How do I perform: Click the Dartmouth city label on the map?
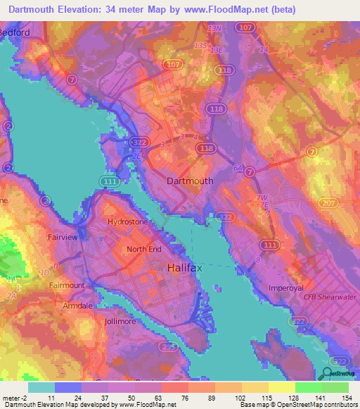(190, 181)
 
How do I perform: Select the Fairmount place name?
(67, 285)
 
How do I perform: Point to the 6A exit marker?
(238, 168)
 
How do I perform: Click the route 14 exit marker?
(264, 50)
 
